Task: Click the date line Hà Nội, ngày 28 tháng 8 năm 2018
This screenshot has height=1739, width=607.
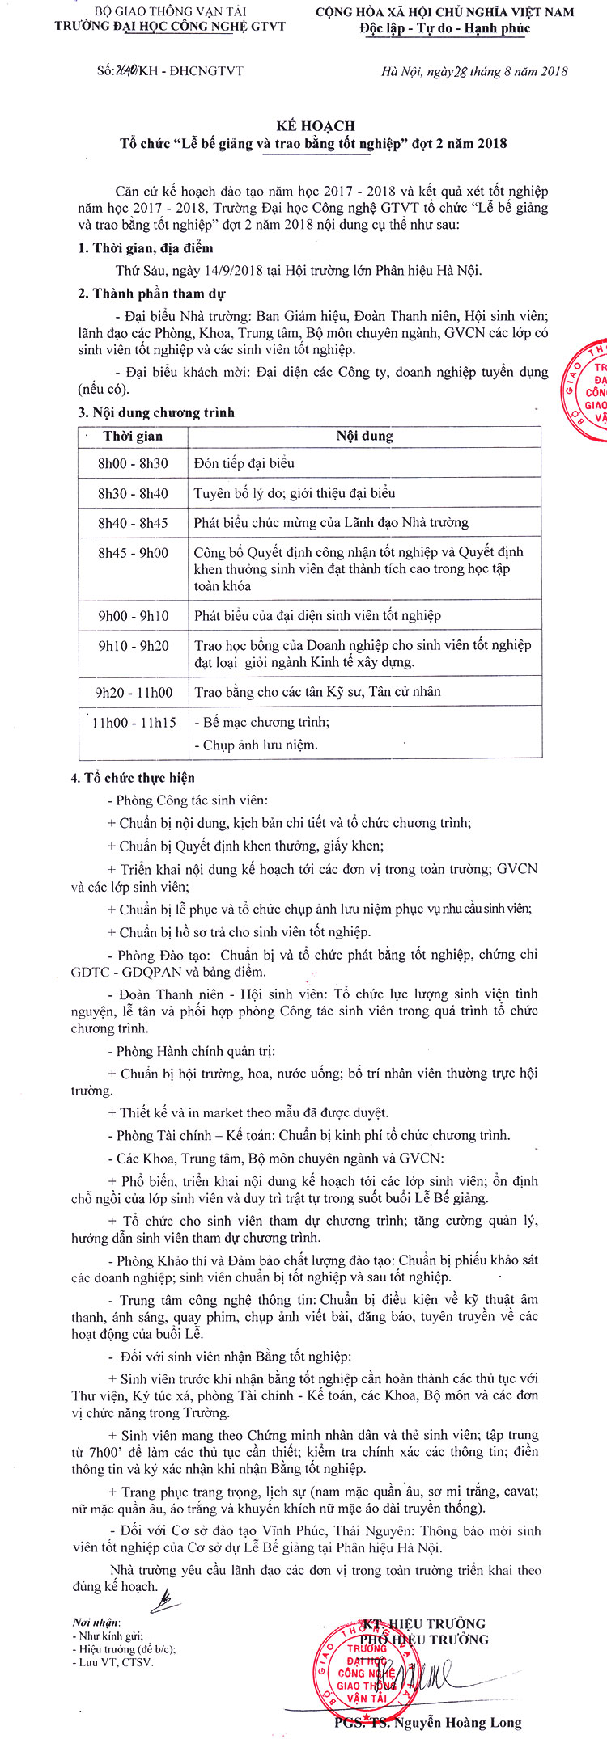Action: pos(474,71)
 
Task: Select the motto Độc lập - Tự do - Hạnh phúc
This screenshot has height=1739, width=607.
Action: pos(444,28)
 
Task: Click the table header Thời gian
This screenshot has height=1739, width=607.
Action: pos(133,436)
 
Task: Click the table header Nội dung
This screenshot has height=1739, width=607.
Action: pos(364,436)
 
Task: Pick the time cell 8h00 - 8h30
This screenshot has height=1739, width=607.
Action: pos(133,463)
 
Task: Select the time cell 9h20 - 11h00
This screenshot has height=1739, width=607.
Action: pos(134,692)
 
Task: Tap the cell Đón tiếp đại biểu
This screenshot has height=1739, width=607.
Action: pos(244,463)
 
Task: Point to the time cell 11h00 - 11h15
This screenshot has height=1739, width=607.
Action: pos(134,722)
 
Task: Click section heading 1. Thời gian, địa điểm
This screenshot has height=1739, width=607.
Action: pos(145,248)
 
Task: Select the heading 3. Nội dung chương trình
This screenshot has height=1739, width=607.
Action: pos(156,412)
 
